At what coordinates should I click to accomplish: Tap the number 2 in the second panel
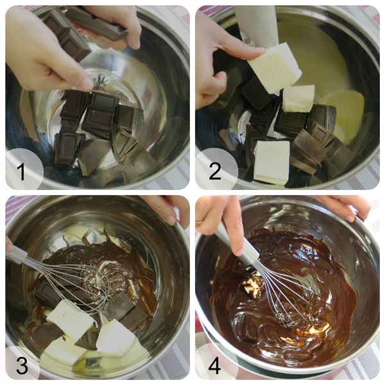point(215,171)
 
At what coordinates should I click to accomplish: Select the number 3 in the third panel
point(22,365)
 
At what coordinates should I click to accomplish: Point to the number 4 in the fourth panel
point(214,365)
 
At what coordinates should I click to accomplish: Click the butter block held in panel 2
point(275,67)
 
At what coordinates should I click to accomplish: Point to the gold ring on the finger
point(199,222)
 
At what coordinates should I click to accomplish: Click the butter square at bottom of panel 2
point(271,162)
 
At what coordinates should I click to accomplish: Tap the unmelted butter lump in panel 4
point(253,286)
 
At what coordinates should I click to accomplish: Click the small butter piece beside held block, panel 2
point(298,98)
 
